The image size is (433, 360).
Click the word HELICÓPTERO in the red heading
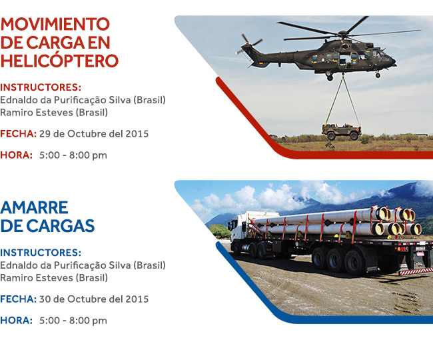pyautogui.click(x=59, y=60)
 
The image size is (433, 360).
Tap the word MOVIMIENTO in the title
pyautogui.click(x=55, y=24)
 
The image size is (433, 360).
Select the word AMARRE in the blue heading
pyautogui.click(x=34, y=207)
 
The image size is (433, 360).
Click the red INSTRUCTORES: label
pyautogui.click(x=41, y=87)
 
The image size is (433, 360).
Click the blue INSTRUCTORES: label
pyautogui.click(x=41, y=253)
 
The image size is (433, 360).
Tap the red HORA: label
pyautogui.click(x=16, y=155)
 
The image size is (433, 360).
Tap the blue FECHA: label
pyautogui.click(x=18, y=299)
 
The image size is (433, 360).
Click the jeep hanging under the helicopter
pyautogui.click(x=342, y=132)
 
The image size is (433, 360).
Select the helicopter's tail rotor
pyautogui.click(x=250, y=44)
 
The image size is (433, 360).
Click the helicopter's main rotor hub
pyautogui.click(x=342, y=34)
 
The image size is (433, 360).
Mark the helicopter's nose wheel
pyautogui.click(x=378, y=75)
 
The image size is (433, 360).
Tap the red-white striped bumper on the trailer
pyautogui.click(x=416, y=271)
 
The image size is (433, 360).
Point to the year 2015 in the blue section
pyautogui.click(x=137, y=299)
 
